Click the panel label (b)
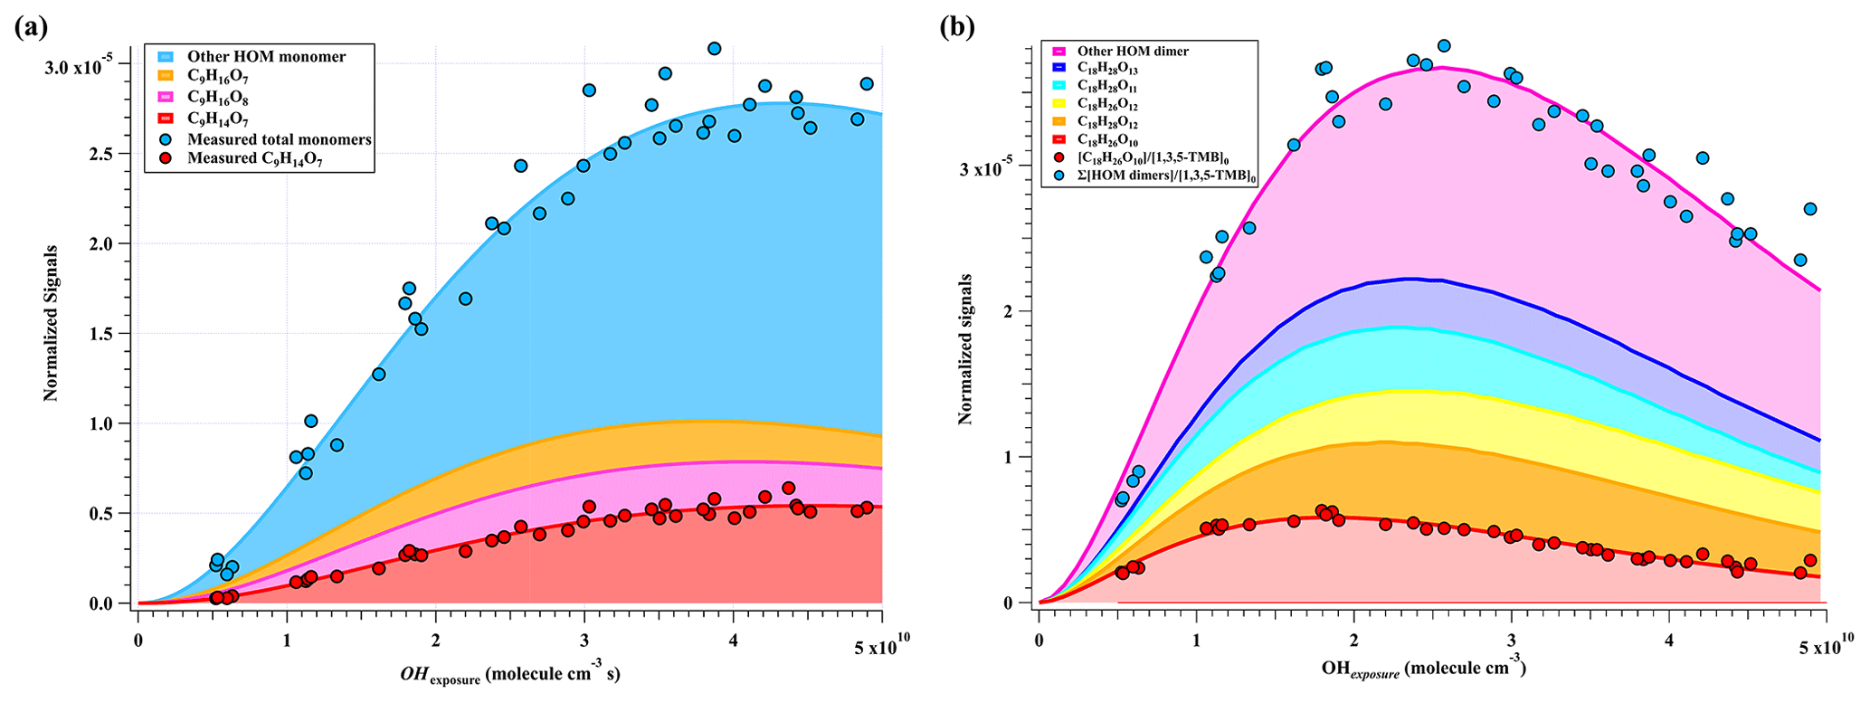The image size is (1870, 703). point(958,27)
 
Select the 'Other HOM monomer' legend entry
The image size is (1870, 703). point(266,56)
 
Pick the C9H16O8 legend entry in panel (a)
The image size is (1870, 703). point(217,98)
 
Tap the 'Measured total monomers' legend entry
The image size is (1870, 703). point(279,139)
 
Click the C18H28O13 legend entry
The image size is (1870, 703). point(1108,69)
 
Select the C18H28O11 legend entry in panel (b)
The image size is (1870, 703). point(1108,87)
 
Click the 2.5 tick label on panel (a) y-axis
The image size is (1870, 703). point(109,154)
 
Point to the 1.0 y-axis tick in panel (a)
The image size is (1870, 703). point(109,424)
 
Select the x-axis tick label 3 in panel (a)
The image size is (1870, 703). point(584,642)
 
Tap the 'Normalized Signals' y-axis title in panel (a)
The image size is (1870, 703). point(51,323)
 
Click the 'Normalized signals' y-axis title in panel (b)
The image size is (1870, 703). point(965,349)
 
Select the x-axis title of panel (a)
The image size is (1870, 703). point(509,675)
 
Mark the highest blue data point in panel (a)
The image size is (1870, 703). point(714,49)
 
